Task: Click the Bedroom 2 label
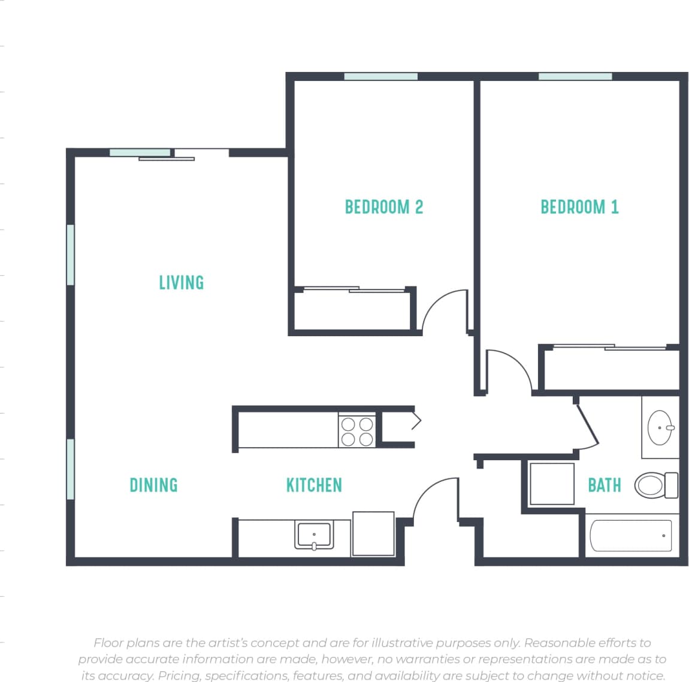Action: pyautogui.click(x=383, y=207)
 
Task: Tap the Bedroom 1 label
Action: pyautogui.click(x=579, y=207)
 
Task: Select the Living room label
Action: pyautogui.click(x=181, y=282)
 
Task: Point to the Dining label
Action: pyautogui.click(x=153, y=485)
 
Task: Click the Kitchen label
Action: pyautogui.click(x=314, y=485)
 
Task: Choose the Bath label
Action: pyautogui.click(x=604, y=485)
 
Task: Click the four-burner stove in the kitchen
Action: pyautogui.click(x=357, y=431)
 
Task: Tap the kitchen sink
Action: pyautogui.click(x=313, y=535)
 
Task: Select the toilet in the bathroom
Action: pyautogui.click(x=655, y=485)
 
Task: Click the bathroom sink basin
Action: pyautogui.click(x=660, y=427)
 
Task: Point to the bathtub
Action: pyautogui.click(x=631, y=535)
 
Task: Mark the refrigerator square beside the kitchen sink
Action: pyautogui.click(x=373, y=533)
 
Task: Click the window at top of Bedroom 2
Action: pyautogui.click(x=380, y=77)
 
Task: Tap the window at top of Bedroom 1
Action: pyautogui.click(x=575, y=77)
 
